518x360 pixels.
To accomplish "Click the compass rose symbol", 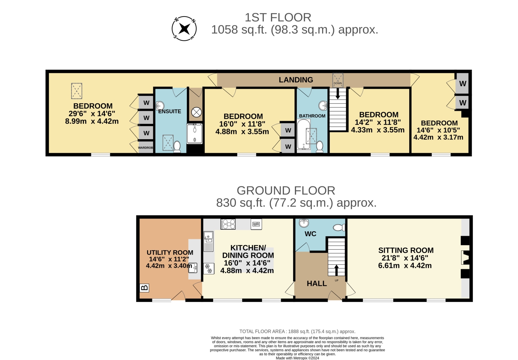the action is point(184,29).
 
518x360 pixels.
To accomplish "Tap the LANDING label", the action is point(296,80).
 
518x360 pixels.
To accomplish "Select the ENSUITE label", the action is point(170,111).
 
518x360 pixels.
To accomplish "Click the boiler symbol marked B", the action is point(144,288).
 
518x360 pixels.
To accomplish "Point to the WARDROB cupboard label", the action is point(145,148).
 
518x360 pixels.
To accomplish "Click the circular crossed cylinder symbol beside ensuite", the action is point(196,113).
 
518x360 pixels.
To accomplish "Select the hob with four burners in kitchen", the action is point(228,224).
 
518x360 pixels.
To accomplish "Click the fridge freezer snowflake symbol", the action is point(209,269).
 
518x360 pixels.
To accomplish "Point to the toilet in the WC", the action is point(339,227).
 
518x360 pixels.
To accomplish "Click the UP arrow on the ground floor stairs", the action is point(336,270).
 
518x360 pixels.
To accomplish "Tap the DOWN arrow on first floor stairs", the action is point(338,94).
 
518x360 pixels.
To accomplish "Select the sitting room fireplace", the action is point(465,257).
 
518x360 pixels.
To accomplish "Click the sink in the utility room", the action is point(193,268).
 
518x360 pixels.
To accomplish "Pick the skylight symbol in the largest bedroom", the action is point(77,91).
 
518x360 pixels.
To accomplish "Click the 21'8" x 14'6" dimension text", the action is point(404,258).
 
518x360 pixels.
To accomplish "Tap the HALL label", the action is point(317,283).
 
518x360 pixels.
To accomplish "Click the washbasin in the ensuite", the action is point(160,106).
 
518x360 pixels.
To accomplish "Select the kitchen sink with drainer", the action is point(208,242).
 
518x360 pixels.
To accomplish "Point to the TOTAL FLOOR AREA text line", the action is point(297,331).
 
